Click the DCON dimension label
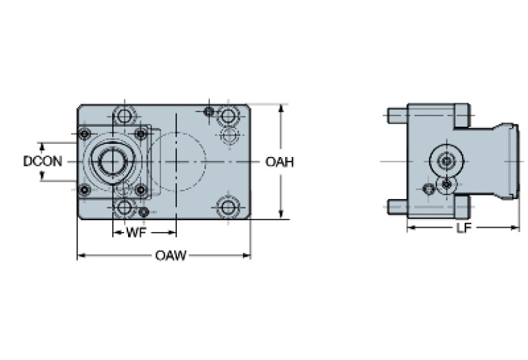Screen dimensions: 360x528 (x=43, y=162)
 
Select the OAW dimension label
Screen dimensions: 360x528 (x=170, y=256)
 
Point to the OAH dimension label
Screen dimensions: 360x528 (x=279, y=162)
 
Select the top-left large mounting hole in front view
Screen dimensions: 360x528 (x=124, y=115)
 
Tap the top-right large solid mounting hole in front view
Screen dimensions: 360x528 (x=228, y=116)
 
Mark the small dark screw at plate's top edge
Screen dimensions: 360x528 (x=209, y=111)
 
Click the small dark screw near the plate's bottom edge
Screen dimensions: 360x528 (x=144, y=211)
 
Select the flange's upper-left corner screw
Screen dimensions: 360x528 (x=85, y=133)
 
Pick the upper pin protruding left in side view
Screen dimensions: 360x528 (x=397, y=115)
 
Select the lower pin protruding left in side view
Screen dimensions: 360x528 (x=397, y=206)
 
